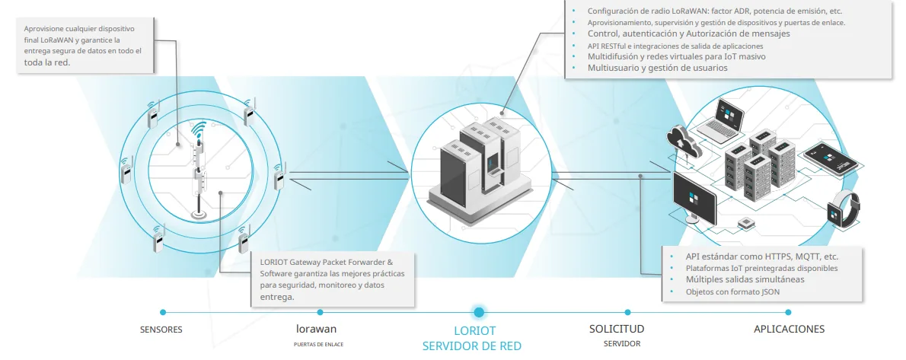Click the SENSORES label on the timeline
click(x=161, y=330)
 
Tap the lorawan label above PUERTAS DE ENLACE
click(x=316, y=329)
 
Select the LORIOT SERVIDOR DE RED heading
click(x=471, y=339)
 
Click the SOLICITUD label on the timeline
click(x=617, y=329)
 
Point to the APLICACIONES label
click(x=790, y=329)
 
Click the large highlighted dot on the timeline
click(x=478, y=312)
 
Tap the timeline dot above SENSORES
click(x=162, y=312)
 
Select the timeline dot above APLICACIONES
click(x=789, y=312)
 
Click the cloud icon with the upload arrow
click(x=683, y=142)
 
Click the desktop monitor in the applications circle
click(x=694, y=199)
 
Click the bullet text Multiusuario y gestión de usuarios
click(x=658, y=68)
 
